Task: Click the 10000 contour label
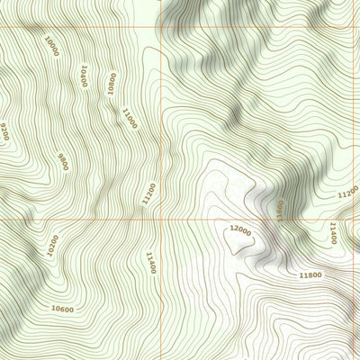click(x=51, y=46)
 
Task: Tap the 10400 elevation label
click(x=84, y=76)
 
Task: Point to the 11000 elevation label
click(x=128, y=117)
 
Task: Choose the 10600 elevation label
click(x=62, y=309)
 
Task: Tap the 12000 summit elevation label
click(x=240, y=229)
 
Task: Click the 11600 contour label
click(x=280, y=211)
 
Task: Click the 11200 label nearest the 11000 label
click(x=149, y=193)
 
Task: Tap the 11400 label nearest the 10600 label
click(x=150, y=263)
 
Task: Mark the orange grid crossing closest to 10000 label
click(x=161, y=26)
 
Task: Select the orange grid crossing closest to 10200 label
click(x=161, y=220)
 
